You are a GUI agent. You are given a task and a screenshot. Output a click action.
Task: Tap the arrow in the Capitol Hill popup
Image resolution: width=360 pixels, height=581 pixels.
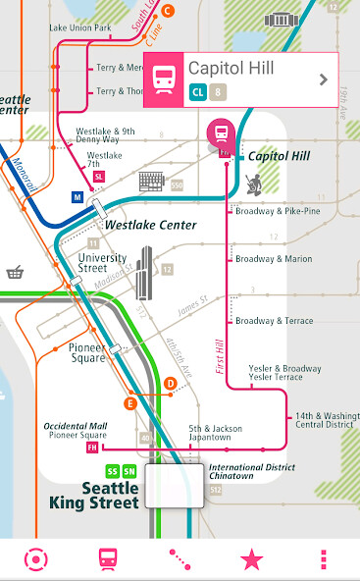pyautogui.click(x=323, y=79)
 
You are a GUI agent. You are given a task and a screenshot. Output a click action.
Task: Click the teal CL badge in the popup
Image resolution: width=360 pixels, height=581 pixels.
pyautogui.click(x=197, y=93)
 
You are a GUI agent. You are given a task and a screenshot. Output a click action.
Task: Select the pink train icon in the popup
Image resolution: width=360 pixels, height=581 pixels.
pyautogui.click(x=163, y=80)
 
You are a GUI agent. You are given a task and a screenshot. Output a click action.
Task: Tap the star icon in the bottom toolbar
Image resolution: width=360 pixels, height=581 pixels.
pyautogui.click(x=252, y=559)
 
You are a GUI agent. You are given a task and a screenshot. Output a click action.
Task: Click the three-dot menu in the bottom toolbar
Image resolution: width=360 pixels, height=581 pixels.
pyautogui.click(x=324, y=559)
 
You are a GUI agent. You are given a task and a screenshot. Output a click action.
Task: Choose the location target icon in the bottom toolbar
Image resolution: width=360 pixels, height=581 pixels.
pyautogui.click(x=35, y=559)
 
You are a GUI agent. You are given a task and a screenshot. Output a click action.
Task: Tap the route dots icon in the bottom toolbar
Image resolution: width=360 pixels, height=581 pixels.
pyautogui.click(x=180, y=559)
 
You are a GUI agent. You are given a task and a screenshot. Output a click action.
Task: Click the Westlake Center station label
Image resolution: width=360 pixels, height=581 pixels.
pyautogui.click(x=151, y=225)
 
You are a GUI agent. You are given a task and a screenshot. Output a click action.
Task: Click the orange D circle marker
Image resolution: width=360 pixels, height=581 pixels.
pyautogui.click(x=170, y=383)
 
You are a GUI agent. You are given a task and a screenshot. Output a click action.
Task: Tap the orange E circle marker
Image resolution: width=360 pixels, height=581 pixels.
pyautogui.click(x=129, y=402)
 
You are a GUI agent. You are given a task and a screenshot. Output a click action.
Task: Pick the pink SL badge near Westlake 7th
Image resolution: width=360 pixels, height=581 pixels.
pyautogui.click(x=99, y=176)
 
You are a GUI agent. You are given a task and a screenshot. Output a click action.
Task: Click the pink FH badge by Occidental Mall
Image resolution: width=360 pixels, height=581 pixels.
pyautogui.click(x=93, y=448)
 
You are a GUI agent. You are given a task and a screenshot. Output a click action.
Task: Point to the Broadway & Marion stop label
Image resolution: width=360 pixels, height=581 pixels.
pyautogui.click(x=274, y=259)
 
